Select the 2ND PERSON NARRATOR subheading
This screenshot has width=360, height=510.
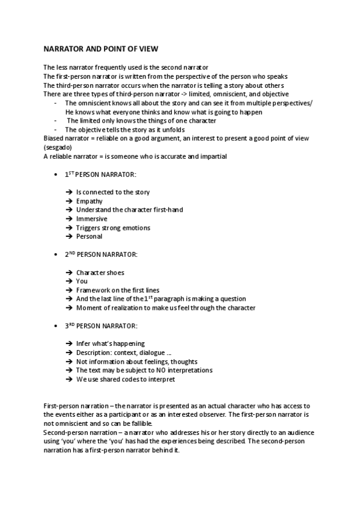[x=100, y=254]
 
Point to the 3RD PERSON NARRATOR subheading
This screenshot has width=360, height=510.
[x=100, y=326]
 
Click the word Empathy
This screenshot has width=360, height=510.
[x=89, y=201]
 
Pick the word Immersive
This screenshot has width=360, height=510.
[x=91, y=219]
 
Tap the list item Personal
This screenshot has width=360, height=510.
[x=89, y=236]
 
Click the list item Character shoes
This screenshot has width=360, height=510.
[x=100, y=272]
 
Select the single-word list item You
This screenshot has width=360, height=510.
[x=82, y=281]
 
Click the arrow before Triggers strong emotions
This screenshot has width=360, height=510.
[x=69, y=228]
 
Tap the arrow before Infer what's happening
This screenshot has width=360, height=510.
[x=69, y=344]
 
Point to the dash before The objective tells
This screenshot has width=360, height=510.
[x=55, y=129]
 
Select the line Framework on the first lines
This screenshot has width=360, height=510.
[x=117, y=290]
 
